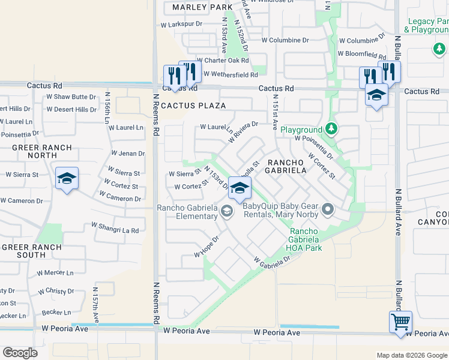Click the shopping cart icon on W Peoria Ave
point(400,321)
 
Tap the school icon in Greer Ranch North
point(67,178)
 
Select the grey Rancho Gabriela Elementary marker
point(227,211)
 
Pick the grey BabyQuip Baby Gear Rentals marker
point(327,209)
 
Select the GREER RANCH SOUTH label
point(31,251)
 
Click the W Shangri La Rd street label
point(115,227)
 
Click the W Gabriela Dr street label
point(272,261)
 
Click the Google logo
point(20,353)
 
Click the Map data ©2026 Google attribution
point(411,355)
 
